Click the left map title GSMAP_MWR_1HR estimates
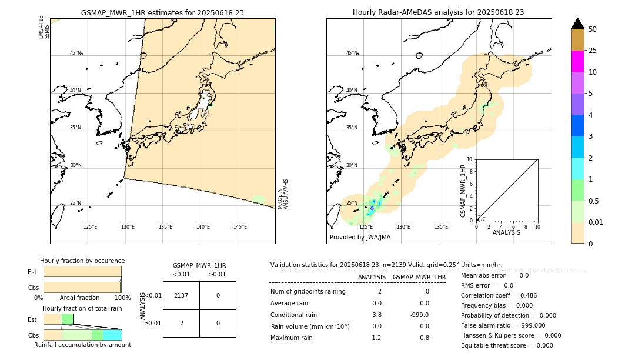pos(162,12)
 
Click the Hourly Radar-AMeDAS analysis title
pos(438,12)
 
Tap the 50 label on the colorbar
pos(593,29)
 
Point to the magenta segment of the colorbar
pos(577,61)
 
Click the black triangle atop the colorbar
pos(577,24)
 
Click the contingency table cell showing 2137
pos(181,295)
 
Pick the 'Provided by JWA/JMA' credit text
pos(360,237)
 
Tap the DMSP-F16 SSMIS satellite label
pos(44,28)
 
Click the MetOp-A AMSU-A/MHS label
pos(282,194)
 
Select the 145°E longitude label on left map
pos(240,227)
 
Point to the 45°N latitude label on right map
pos(352,53)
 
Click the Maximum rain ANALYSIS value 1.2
pos(376,338)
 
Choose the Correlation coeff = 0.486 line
pos(499,295)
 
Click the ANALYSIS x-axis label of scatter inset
pos(506,232)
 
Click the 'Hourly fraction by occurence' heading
pos(82,261)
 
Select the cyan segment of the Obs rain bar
pos(112,335)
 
